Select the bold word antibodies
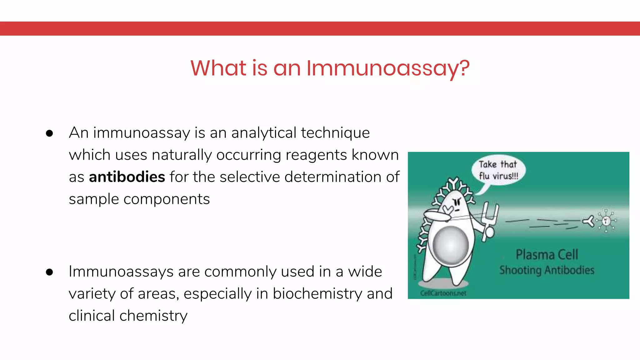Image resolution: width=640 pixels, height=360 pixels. point(127,177)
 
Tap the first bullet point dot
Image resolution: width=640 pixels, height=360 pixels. point(49,133)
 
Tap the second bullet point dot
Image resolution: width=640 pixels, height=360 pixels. point(49,272)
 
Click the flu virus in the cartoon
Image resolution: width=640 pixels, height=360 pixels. point(606,221)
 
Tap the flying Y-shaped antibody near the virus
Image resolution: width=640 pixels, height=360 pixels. point(589,221)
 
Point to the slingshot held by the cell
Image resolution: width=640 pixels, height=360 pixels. point(490,219)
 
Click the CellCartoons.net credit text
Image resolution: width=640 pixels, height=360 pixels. point(443,293)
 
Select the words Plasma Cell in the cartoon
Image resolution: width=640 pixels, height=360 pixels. point(547,255)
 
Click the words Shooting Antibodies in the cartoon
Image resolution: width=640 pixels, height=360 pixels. point(547,270)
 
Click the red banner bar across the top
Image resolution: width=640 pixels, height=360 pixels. point(320,28)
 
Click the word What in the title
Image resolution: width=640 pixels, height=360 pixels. point(218,68)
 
